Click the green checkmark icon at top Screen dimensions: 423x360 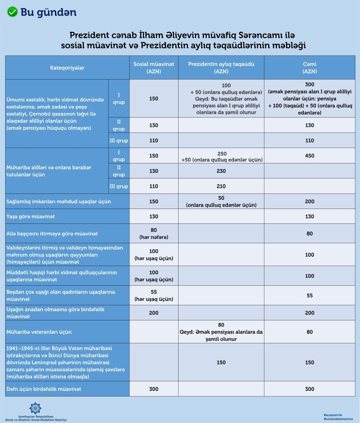coord(12,12)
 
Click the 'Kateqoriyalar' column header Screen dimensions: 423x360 coord(67,68)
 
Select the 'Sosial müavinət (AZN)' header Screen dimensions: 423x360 coord(153,68)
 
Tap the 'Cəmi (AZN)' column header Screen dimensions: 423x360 coord(309,68)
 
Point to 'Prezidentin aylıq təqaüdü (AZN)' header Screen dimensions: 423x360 coord(221,68)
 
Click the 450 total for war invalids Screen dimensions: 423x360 coord(309,156)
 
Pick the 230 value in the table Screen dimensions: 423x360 coord(221,171)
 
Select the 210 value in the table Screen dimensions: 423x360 coord(221,186)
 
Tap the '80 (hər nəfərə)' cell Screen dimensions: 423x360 coord(153,233)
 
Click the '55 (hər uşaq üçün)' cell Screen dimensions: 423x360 coord(153,295)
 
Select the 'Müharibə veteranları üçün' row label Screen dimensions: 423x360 coord(39,332)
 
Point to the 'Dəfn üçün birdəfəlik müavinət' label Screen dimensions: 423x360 coord(44,389)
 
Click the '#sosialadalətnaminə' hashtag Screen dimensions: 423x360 coord(338,419)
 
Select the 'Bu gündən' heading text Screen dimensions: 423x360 coord(48,12)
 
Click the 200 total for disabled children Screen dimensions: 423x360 coord(309,201)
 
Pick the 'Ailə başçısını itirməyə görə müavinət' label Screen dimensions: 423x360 coord(52,233)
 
